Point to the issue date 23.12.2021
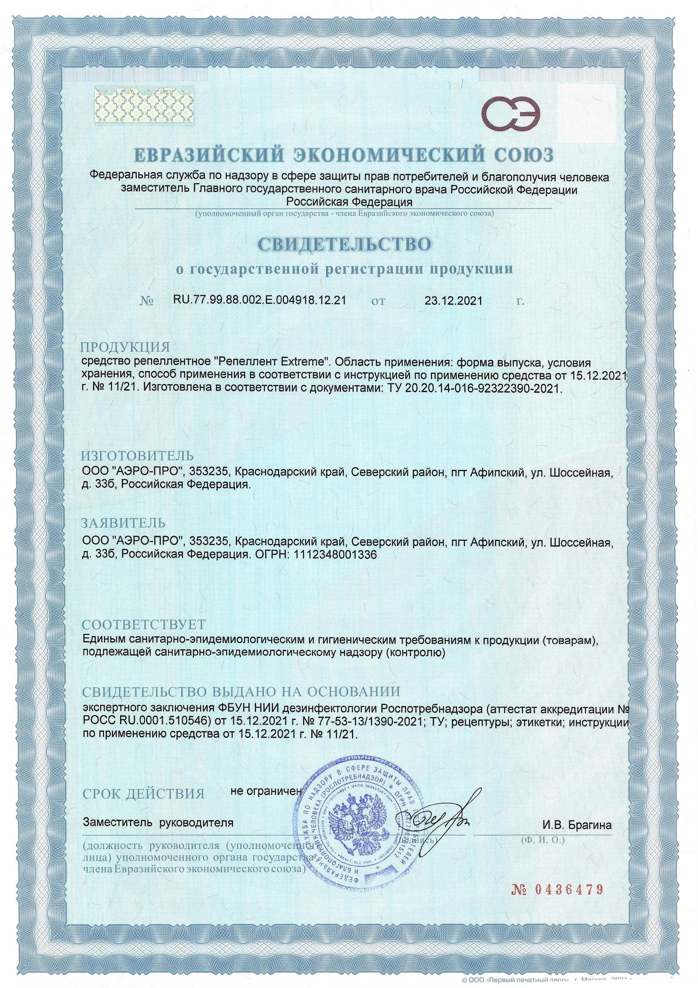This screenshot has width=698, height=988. point(453,300)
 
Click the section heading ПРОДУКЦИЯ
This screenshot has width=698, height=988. point(126,347)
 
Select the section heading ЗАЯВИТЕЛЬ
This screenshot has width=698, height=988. point(123,523)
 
